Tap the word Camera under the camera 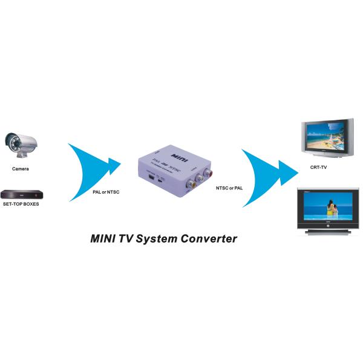click(x=20, y=169)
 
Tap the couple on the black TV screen click(x=331, y=210)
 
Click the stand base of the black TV click(x=327, y=233)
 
